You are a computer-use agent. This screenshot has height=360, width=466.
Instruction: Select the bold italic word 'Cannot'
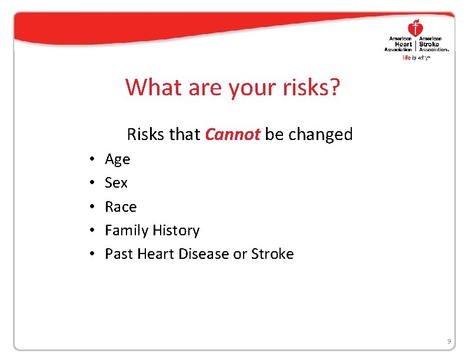(x=232, y=135)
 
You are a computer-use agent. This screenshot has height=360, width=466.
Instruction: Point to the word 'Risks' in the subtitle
(x=147, y=135)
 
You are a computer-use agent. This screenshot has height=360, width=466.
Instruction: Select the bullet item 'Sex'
(x=116, y=183)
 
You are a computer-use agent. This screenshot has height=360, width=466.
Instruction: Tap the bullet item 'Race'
(x=121, y=207)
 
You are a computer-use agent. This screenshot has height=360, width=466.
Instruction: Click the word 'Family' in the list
(x=127, y=231)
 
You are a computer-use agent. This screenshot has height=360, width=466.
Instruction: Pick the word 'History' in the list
(x=176, y=231)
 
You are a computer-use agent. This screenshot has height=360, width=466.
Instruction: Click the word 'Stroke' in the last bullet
(x=272, y=254)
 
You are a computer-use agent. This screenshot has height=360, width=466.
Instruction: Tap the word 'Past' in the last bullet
(x=118, y=254)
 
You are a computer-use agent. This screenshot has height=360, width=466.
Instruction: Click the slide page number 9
(x=449, y=341)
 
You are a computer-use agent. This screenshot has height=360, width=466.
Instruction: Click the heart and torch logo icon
(x=416, y=28)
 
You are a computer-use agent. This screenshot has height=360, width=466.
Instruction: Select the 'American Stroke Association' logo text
(x=434, y=44)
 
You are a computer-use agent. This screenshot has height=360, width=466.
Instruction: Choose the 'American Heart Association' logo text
(x=401, y=44)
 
